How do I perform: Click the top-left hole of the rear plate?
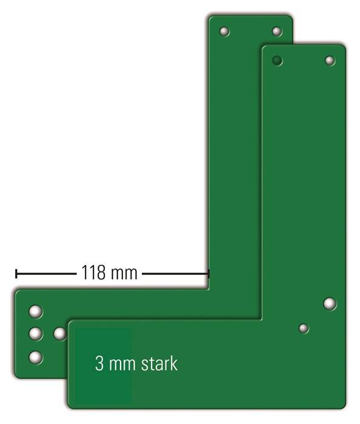(224, 31)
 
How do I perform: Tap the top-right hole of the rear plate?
(277, 31)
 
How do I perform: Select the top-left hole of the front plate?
(277, 61)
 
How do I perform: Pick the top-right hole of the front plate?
(330, 61)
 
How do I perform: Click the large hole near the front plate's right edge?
(330, 303)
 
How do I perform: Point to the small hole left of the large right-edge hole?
(304, 328)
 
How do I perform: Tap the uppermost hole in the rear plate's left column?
(36, 312)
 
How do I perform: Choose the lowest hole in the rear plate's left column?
(36, 357)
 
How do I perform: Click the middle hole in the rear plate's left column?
(36, 334)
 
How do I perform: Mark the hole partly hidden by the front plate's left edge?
(59, 334)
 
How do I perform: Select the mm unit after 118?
(124, 274)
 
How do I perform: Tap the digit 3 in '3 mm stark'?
(99, 364)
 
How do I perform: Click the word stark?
(159, 363)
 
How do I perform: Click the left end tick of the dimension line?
(16, 273)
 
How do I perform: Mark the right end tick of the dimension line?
(208, 273)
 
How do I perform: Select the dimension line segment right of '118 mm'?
(175, 273)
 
